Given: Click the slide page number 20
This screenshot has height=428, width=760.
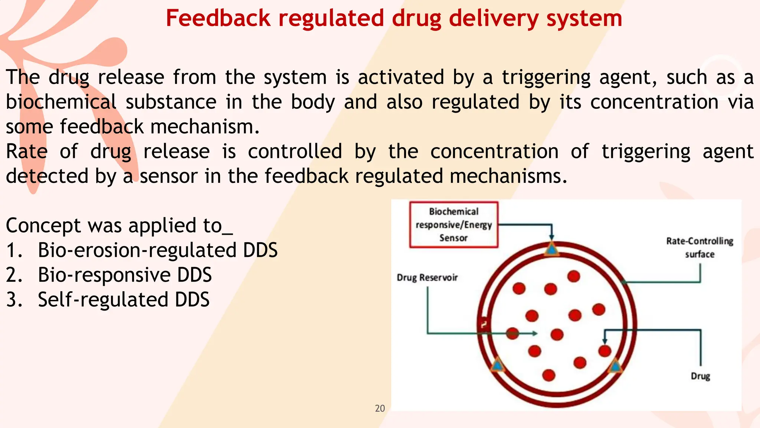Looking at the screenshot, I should click(380, 408).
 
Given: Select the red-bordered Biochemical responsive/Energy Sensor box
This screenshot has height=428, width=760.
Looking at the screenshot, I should click(453, 225).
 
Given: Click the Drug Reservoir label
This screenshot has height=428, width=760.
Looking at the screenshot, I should click(427, 278).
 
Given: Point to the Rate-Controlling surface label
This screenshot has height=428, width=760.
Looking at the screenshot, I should click(700, 247).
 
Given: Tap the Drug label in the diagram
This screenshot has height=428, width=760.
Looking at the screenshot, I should click(700, 376).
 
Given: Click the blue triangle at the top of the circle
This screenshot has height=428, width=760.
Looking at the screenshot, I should click(551, 249).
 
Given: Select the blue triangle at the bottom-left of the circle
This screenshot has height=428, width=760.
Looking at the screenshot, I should click(497, 366).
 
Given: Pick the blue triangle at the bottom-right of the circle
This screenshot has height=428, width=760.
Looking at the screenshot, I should click(615, 367).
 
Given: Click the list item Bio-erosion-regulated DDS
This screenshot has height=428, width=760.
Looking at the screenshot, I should click(157, 250).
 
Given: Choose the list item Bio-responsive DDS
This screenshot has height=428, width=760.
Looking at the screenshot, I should click(125, 275).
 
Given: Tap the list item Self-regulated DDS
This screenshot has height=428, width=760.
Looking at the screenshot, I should click(124, 300).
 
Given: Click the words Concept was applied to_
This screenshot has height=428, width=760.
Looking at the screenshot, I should click(119, 226).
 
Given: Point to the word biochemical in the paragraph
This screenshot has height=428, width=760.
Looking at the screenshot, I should click(61, 102).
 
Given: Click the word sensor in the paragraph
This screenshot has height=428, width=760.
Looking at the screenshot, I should click(168, 176).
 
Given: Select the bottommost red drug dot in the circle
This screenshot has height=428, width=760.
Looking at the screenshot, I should click(548, 375).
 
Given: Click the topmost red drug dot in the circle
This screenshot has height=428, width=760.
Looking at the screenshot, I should click(574, 276).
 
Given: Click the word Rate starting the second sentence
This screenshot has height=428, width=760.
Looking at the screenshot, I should click(27, 151).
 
